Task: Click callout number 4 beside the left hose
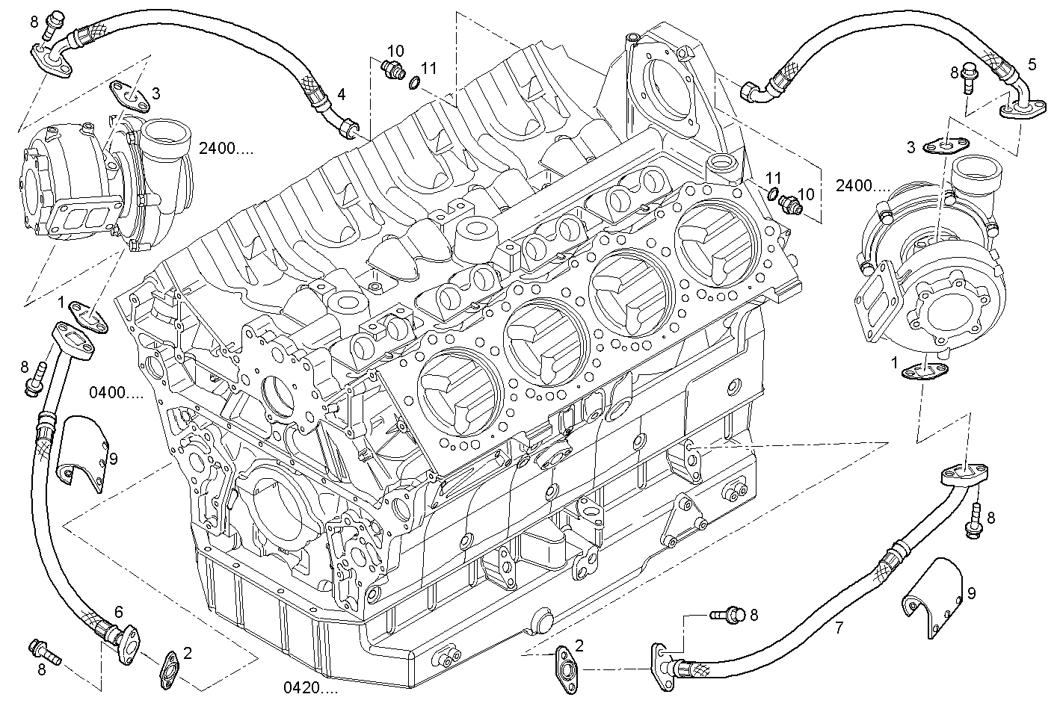point(342,94)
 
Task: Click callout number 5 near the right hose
point(1032,64)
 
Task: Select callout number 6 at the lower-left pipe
point(118,611)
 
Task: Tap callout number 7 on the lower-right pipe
point(839,628)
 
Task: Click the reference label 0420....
point(310,687)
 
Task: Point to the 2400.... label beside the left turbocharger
point(226,148)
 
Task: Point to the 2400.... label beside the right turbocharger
point(863,186)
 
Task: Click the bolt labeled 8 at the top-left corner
point(53,25)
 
